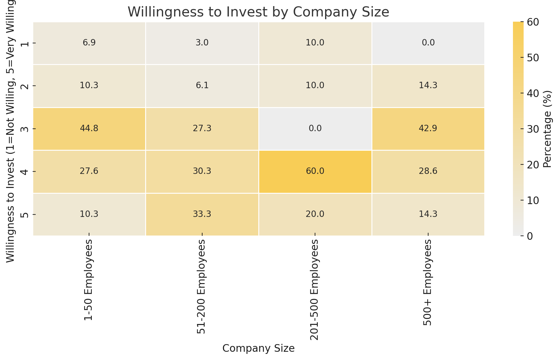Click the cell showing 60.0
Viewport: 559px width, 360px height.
315,171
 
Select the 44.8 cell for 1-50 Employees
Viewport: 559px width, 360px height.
89,128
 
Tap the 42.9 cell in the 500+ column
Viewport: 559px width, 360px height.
428,128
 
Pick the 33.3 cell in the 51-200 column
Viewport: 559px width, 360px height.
202,214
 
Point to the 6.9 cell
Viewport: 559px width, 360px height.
89,43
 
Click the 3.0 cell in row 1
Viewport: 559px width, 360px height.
202,43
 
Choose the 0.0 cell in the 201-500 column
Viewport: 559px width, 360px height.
315,128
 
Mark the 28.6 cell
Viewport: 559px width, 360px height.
428,171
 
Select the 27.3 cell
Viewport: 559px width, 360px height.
202,128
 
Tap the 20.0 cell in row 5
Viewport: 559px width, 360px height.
315,214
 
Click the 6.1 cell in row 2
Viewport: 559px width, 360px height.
202,86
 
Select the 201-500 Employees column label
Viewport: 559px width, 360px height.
314,290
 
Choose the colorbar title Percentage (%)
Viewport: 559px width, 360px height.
548,129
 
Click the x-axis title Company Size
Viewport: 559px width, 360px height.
258,348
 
